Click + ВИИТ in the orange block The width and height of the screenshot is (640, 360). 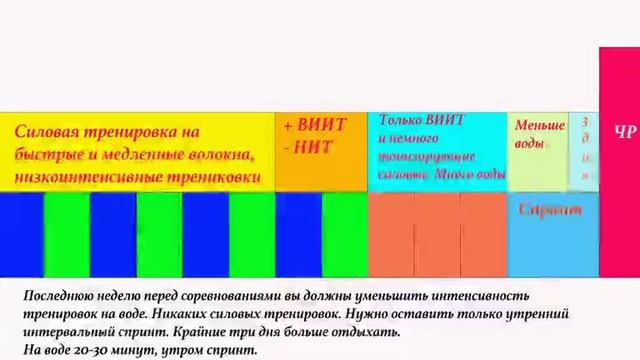314,125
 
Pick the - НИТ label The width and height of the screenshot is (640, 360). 308,148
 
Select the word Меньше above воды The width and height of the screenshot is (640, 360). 540,126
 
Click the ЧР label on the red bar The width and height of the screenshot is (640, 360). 625,132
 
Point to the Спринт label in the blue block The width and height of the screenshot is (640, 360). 550,210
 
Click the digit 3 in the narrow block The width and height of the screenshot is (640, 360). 585,121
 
